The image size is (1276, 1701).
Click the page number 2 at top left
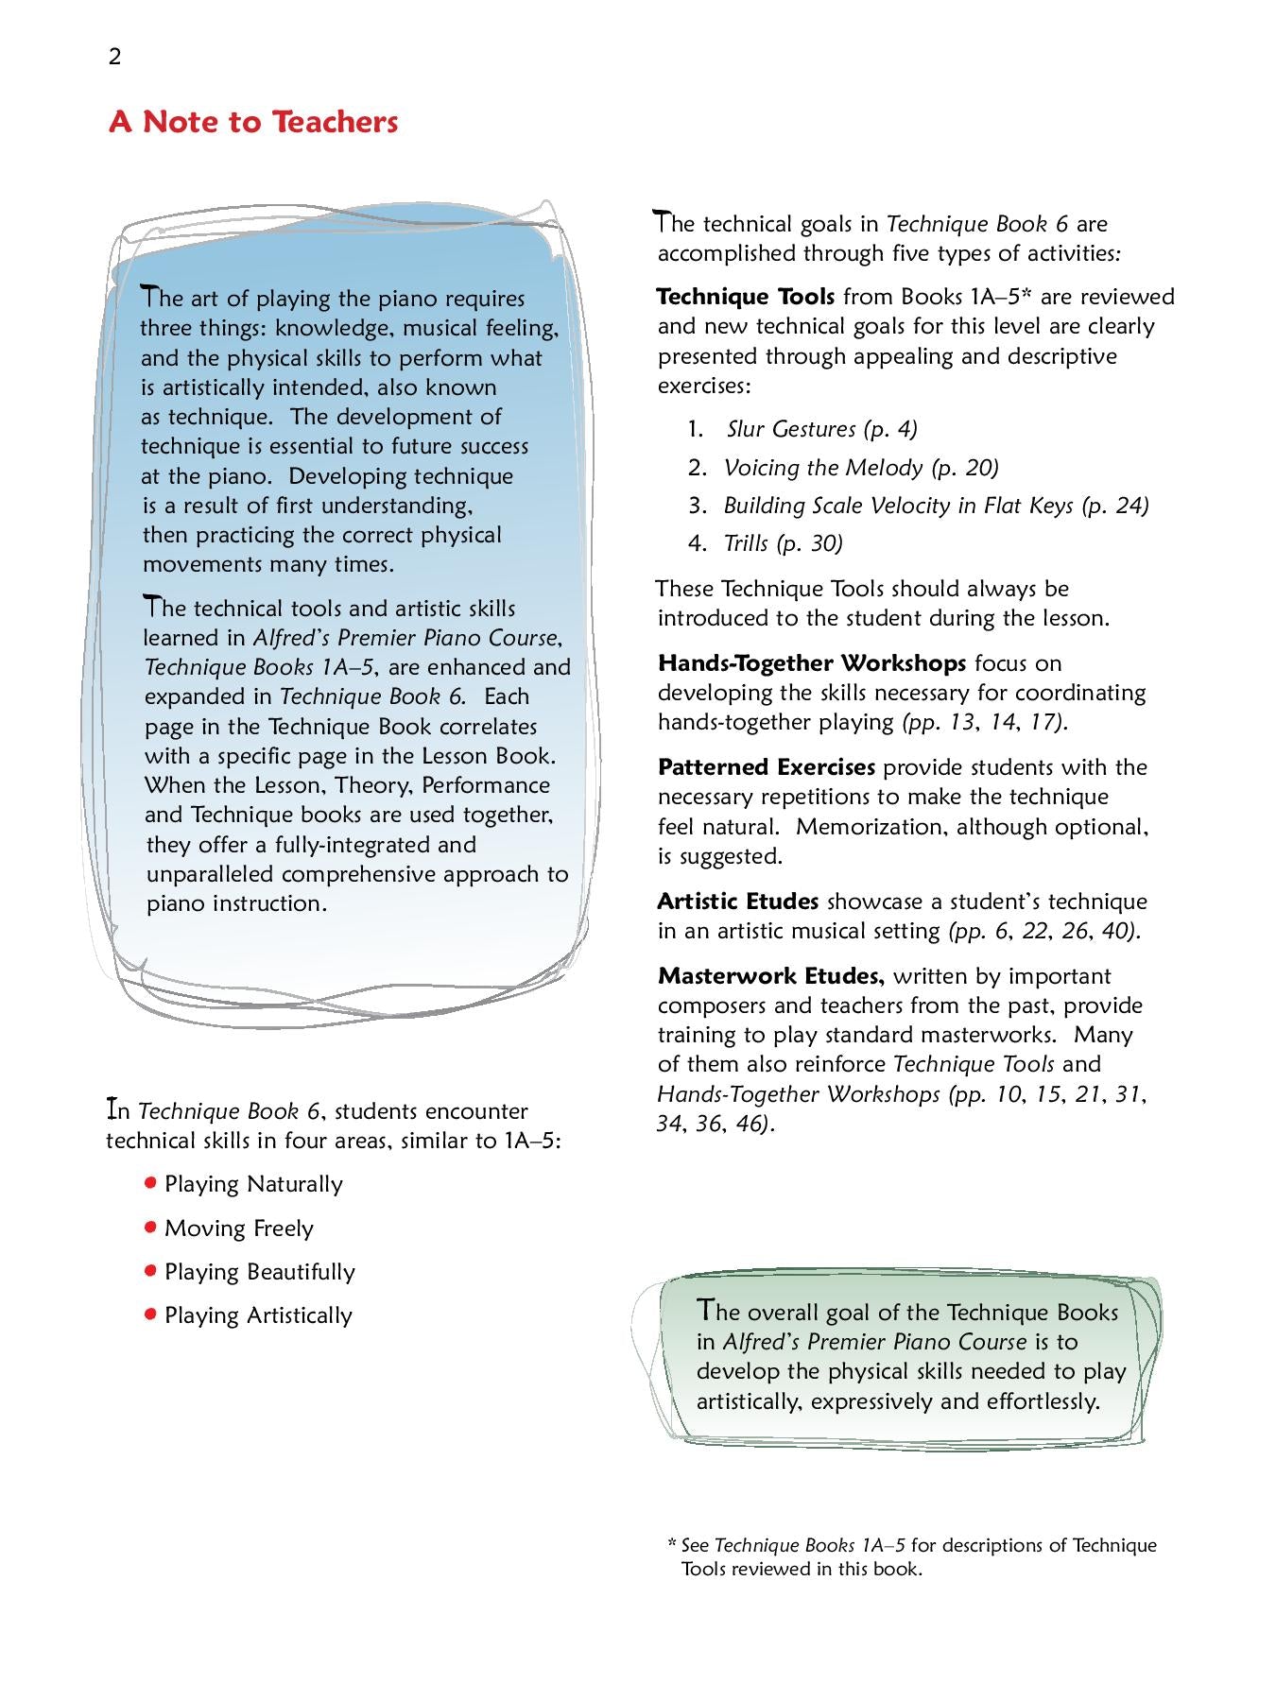coord(115,58)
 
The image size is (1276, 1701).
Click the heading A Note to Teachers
coord(253,122)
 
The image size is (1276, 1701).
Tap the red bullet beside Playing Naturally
coord(149,1182)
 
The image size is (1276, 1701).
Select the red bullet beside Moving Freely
coord(149,1227)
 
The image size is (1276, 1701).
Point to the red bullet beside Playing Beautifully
coord(149,1270)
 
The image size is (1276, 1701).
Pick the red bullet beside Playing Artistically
coord(149,1314)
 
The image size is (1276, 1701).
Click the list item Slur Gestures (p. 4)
coord(821,429)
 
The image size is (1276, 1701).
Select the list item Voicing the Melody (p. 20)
coord(860,468)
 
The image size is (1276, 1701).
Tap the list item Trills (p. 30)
coord(783,543)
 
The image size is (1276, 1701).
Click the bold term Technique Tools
coord(745,297)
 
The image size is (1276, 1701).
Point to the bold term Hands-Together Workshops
coord(811,662)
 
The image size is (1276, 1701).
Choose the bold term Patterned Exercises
coord(766,766)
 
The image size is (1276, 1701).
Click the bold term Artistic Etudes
coord(737,901)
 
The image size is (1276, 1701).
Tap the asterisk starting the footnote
coord(671,1545)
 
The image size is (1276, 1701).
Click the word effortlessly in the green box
coord(1043,1400)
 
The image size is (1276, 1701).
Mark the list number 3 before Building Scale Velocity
coord(697,506)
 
